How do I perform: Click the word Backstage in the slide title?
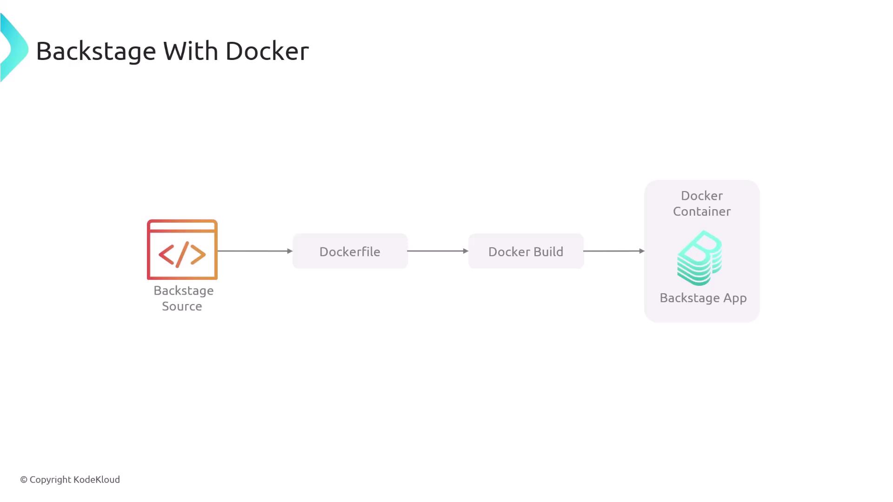96,51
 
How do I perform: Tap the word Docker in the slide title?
267,51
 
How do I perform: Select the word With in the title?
190,51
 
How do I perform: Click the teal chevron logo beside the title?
14,48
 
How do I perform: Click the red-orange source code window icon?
182,250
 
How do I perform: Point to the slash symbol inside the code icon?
182,254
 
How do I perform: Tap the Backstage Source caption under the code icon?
183,298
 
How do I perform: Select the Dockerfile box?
350,251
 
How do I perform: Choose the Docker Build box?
526,251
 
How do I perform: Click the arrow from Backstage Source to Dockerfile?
255,251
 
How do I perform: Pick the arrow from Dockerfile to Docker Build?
438,251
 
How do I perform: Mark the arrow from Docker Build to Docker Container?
614,251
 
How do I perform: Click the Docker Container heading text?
702,204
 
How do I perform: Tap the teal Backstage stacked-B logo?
700,258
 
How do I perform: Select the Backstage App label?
703,298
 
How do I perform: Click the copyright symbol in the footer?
24,480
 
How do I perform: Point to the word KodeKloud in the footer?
97,480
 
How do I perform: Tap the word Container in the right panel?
702,211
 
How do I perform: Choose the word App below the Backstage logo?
735,298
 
